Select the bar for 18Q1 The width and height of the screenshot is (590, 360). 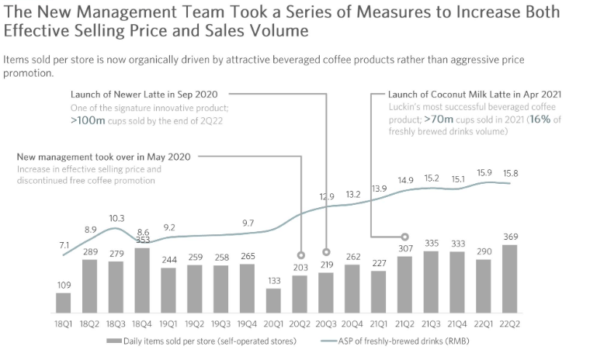[64, 303]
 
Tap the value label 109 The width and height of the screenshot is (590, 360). [64, 285]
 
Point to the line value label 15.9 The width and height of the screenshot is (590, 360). [485, 172]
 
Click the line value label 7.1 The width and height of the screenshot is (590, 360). [64, 245]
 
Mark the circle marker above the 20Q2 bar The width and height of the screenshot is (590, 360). [300, 253]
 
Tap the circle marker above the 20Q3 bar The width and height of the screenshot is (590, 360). [327, 252]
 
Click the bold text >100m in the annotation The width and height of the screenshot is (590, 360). [89, 121]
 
